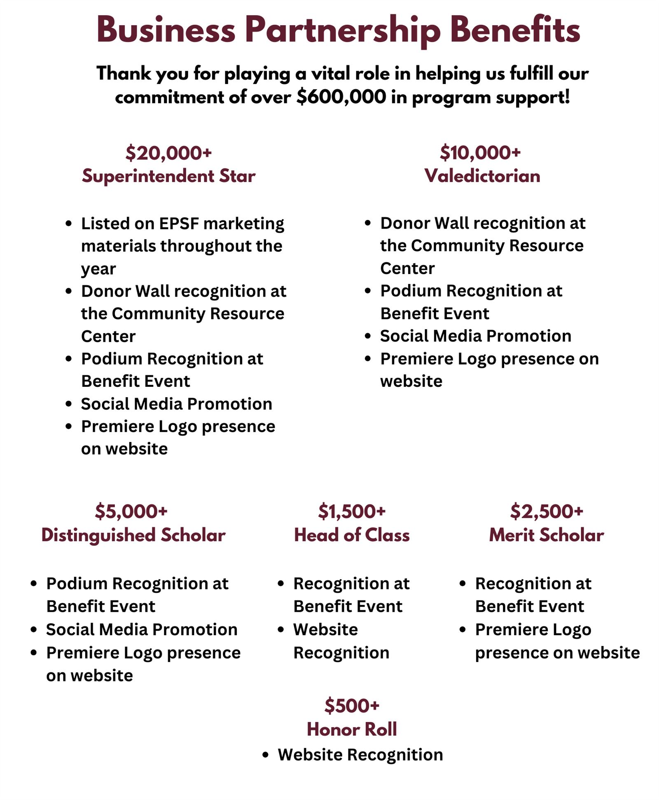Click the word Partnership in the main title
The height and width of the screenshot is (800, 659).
click(x=342, y=30)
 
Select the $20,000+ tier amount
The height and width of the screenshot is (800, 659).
click(x=168, y=153)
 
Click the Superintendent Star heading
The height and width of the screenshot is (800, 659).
click(x=168, y=176)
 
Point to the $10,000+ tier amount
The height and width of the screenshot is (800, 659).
click(x=480, y=153)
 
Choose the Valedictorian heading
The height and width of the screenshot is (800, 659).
click(x=482, y=176)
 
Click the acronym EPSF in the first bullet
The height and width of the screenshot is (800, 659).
click(x=179, y=224)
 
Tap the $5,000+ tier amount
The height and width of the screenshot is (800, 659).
click(x=131, y=511)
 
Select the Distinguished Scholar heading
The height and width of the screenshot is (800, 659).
click(x=133, y=535)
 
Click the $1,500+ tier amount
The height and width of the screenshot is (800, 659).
click(x=352, y=511)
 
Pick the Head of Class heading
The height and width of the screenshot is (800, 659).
click(x=352, y=535)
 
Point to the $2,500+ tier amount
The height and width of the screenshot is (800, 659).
click(x=547, y=511)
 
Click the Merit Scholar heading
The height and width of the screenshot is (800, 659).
click(x=547, y=535)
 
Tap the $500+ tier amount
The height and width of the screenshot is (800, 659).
click(x=352, y=706)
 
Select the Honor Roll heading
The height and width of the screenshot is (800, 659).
click(x=352, y=730)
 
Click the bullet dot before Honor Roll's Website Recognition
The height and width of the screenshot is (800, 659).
click(x=265, y=755)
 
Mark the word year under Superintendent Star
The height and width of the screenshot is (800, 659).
click(x=98, y=269)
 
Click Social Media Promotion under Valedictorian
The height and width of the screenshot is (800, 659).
click(x=476, y=336)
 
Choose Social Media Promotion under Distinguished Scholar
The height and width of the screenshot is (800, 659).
click(x=142, y=629)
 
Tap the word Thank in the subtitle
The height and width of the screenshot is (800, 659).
click(x=124, y=74)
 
